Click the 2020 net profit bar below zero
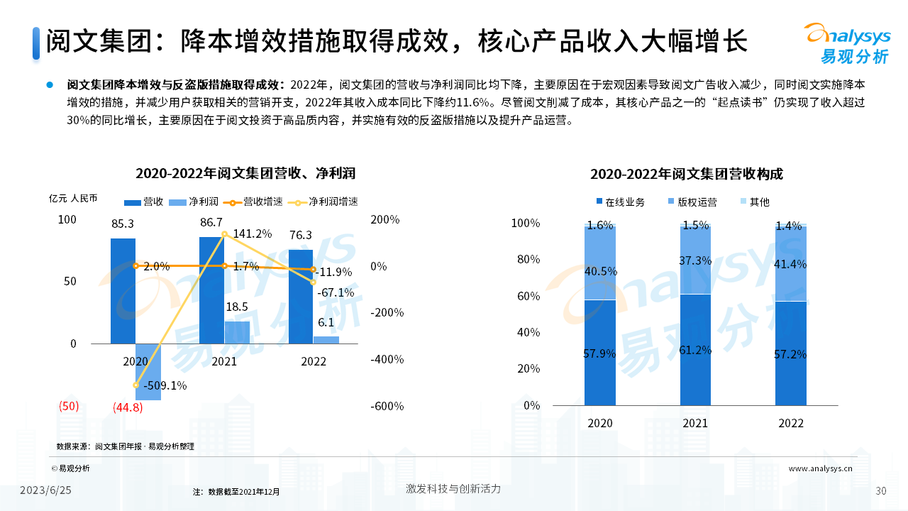(148, 372)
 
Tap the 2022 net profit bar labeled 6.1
(326, 340)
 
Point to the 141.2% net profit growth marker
(224, 233)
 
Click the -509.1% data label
(165, 386)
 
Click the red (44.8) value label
(128, 407)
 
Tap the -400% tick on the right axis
(387, 359)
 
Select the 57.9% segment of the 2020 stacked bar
(600, 353)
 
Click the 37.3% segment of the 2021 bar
(695, 260)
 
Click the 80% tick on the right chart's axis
(526, 260)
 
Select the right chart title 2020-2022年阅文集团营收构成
(687, 175)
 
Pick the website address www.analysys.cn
(821, 468)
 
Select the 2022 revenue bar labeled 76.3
(301, 297)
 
